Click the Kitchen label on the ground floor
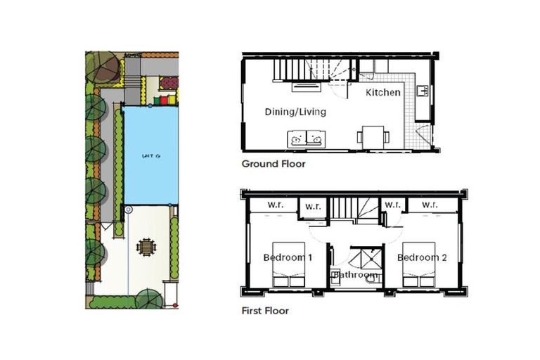(383, 92)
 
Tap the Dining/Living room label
(295, 112)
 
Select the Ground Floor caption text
(274, 165)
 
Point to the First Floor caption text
(265, 310)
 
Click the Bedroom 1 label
(288, 257)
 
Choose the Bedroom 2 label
(422, 257)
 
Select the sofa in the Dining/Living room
(307, 139)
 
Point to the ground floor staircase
(304, 70)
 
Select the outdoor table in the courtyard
(146, 247)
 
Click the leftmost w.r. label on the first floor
(274, 206)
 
